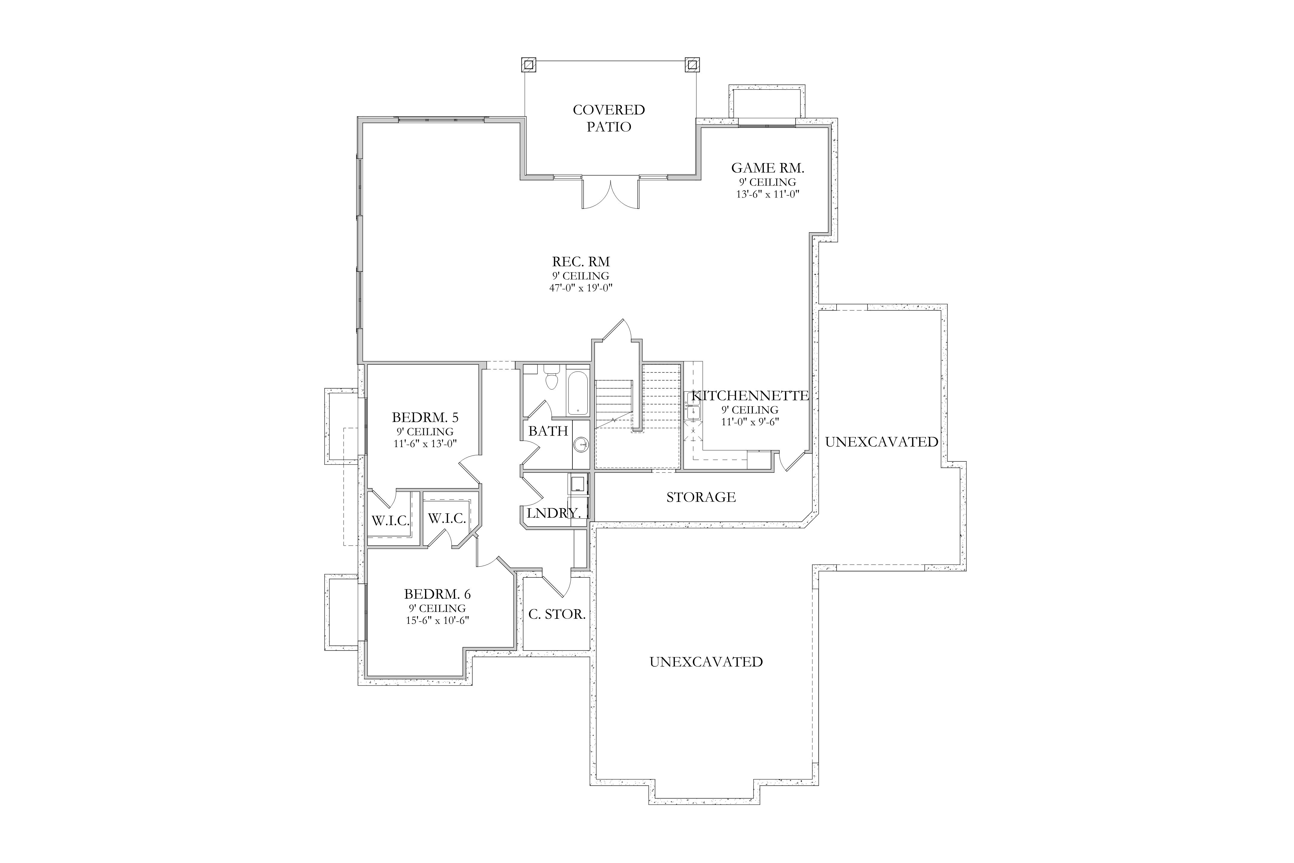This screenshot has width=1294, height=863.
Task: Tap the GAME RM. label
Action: tap(767, 168)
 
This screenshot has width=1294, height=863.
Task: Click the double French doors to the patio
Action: tap(611, 193)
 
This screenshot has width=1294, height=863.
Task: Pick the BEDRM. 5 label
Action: tap(425, 417)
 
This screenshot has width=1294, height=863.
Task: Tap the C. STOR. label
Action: tap(557, 614)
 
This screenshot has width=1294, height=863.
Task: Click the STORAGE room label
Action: tap(701, 497)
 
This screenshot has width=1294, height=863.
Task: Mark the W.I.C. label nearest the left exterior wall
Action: tap(391, 521)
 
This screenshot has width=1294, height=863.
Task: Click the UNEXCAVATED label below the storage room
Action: tap(706, 662)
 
